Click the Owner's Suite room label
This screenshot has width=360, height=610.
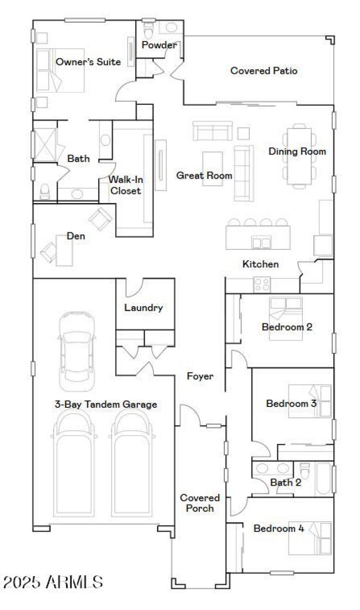click(x=88, y=62)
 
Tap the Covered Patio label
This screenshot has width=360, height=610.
click(x=264, y=71)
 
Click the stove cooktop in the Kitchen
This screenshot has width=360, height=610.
click(x=262, y=284)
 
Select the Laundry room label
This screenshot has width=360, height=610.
click(x=143, y=308)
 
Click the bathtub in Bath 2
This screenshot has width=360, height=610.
click(x=323, y=479)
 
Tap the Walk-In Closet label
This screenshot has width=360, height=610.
click(x=126, y=185)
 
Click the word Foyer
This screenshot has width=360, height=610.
click(x=200, y=376)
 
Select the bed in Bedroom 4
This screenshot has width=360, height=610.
click(x=310, y=538)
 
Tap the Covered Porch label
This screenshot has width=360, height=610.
click(x=200, y=503)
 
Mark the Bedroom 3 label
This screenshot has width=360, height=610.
click(x=291, y=403)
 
